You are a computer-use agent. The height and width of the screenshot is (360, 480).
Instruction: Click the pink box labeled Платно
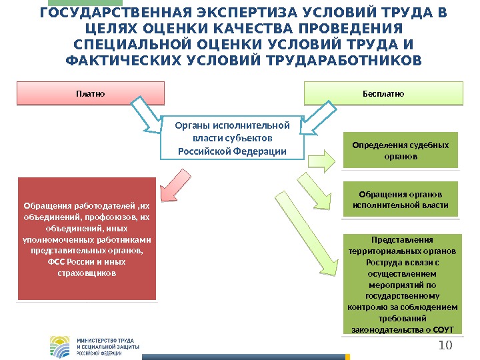pyautogui.click(x=90, y=93)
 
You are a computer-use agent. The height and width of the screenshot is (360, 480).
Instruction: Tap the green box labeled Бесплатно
pyautogui.click(x=383, y=93)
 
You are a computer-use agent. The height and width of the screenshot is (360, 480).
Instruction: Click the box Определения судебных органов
pyautogui.click(x=401, y=151)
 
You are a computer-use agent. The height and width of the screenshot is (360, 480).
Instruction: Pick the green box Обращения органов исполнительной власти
pyautogui.click(x=401, y=199)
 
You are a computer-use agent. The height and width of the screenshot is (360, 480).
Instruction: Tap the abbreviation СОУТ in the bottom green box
pyautogui.click(x=444, y=329)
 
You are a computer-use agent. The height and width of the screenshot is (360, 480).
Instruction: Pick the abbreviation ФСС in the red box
pyautogui.click(x=57, y=262)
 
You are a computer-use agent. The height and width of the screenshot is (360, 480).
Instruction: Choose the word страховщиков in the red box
pyautogui.click(x=87, y=273)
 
